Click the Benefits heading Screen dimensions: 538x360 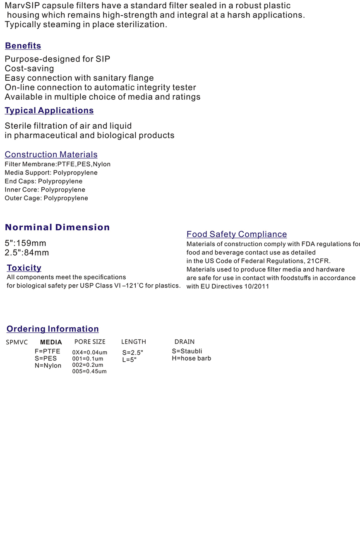tap(23, 46)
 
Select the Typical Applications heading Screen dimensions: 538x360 tap(49, 110)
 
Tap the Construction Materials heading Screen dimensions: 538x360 tap(51, 154)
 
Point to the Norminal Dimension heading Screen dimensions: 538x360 tap(57, 227)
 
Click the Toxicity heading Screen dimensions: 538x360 tap(24, 268)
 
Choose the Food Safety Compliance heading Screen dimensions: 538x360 tap(237, 234)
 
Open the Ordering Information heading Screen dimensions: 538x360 tap(53, 329)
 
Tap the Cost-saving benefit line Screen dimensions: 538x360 tap(29, 69)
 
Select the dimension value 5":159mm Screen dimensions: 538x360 tap(25, 243)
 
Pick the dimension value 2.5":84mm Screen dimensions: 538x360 tap(27, 253)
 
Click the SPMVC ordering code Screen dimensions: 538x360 tap(17, 342)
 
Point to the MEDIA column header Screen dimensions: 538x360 tap(51, 342)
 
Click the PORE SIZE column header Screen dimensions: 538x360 tap(90, 342)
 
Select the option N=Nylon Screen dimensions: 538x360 tap(48, 365)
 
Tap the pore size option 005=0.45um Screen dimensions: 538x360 tap(89, 371)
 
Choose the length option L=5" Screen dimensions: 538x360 tap(129, 360)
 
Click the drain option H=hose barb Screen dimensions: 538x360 tap(191, 358)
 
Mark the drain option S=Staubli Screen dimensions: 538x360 tap(187, 351)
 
